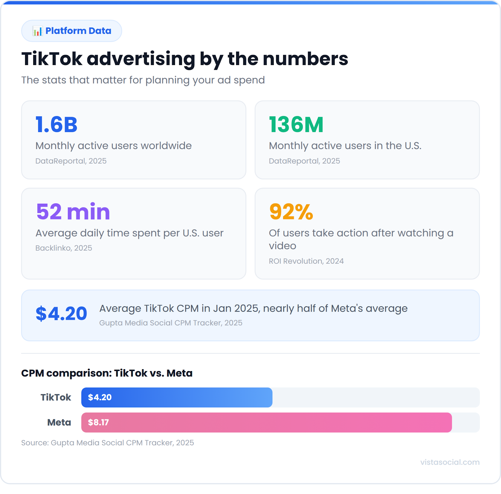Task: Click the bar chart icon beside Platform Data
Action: tap(38, 31)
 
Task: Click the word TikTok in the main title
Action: tap(52, 59)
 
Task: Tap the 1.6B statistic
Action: tap(56, 125)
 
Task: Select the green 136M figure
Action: tap(296, 125)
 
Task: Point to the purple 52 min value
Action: tap(73, 212)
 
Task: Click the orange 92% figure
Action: tap(291, 212)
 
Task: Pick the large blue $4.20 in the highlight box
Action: tap(61, 314)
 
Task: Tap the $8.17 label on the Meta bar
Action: tap(98, 422)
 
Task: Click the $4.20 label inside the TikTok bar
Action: tap(100, 397)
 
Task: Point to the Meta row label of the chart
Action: tap(59, 422)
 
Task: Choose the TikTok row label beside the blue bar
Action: tap(56, 397)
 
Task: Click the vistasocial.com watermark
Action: tap(450, 462)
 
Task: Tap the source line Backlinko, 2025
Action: tap(64, 248)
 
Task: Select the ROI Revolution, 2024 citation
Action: tap(306, 261)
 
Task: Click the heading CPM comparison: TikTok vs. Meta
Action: tap(107, 373)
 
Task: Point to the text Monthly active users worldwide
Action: tap(113, 146)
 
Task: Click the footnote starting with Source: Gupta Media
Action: tap(107, 443)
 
